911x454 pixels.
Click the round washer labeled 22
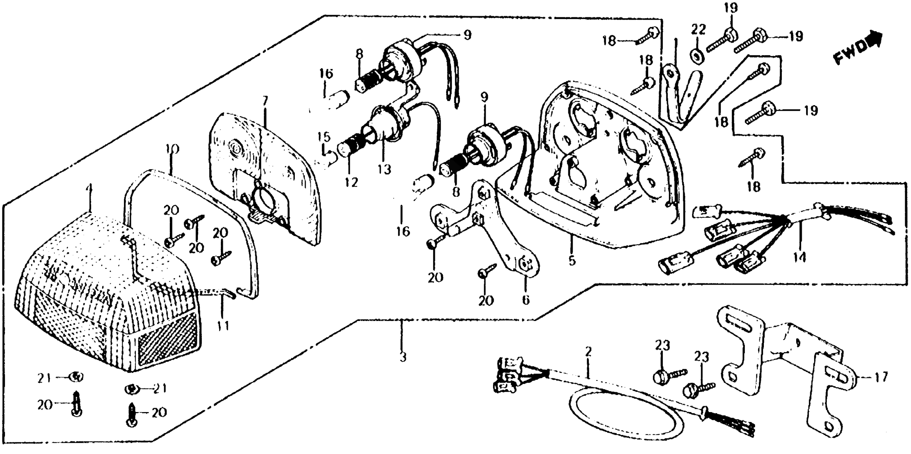point(697,56)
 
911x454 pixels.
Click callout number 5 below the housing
point(572,261)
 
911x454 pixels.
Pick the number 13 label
point(384,169)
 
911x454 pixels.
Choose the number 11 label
point(223,325)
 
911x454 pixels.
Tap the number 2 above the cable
point(588,352)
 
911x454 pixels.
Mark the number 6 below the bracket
point(526,300)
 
